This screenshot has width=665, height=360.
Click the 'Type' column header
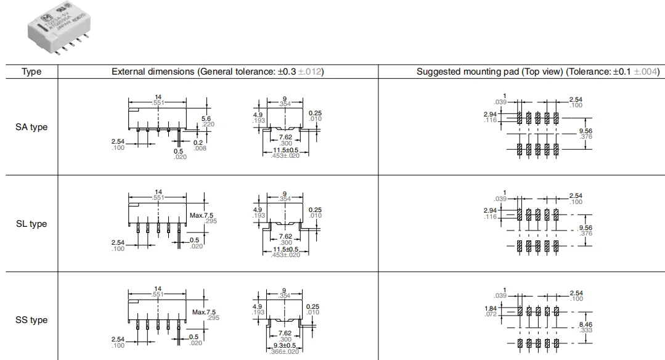(31, 72)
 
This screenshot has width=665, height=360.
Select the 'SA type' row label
(31, 128)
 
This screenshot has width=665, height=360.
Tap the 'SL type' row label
(31, 224)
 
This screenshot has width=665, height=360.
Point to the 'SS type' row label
(31, 320)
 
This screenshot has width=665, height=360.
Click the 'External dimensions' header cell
(218, 72)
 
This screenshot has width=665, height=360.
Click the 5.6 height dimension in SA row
(206, 119)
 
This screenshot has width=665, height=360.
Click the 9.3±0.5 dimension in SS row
(285, 345)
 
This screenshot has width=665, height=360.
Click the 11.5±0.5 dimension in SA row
(285, 150)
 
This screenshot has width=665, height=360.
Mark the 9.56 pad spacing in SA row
(585, 131)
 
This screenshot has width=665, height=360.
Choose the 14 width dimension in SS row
(158, 289)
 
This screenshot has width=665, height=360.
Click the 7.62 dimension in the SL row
(285, 236)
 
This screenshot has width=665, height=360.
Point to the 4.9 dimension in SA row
(258, 114)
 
